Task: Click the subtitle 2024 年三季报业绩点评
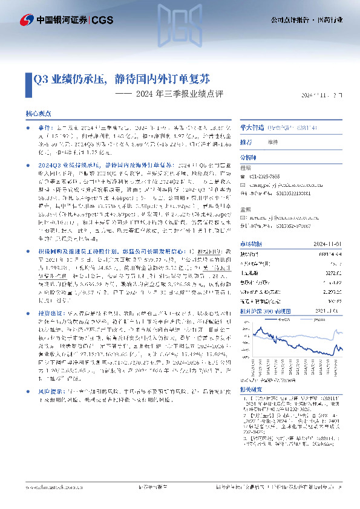pyautogui.click(x=179, y=94)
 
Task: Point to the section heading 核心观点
pyautogui.click(x=38, y=114)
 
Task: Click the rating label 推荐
pyautogui.click(x=246, y=141)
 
